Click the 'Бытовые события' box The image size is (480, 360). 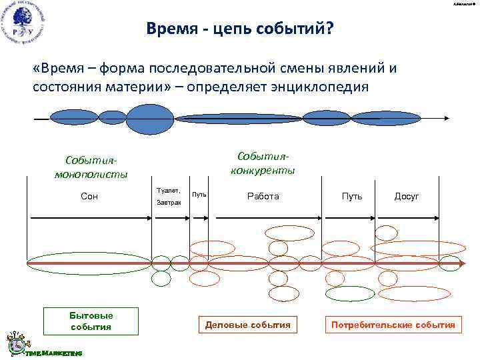[x=91, y=321]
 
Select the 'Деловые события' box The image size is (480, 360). [x=247, y=325]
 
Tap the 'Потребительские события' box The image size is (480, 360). [x=392, y=325]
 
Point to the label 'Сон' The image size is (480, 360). [x=89, y=197]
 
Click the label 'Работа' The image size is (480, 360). [x=263, y=197]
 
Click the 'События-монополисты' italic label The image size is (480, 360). [x=91, y=167]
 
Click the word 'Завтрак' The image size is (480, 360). [x=169, y=202]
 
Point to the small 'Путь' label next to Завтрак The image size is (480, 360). [x=199, y=195]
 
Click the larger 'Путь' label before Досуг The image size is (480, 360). [x=352, y=197]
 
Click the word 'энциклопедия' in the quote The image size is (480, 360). [x=312, y=87]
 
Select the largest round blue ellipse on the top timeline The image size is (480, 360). [x=150, y=119]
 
